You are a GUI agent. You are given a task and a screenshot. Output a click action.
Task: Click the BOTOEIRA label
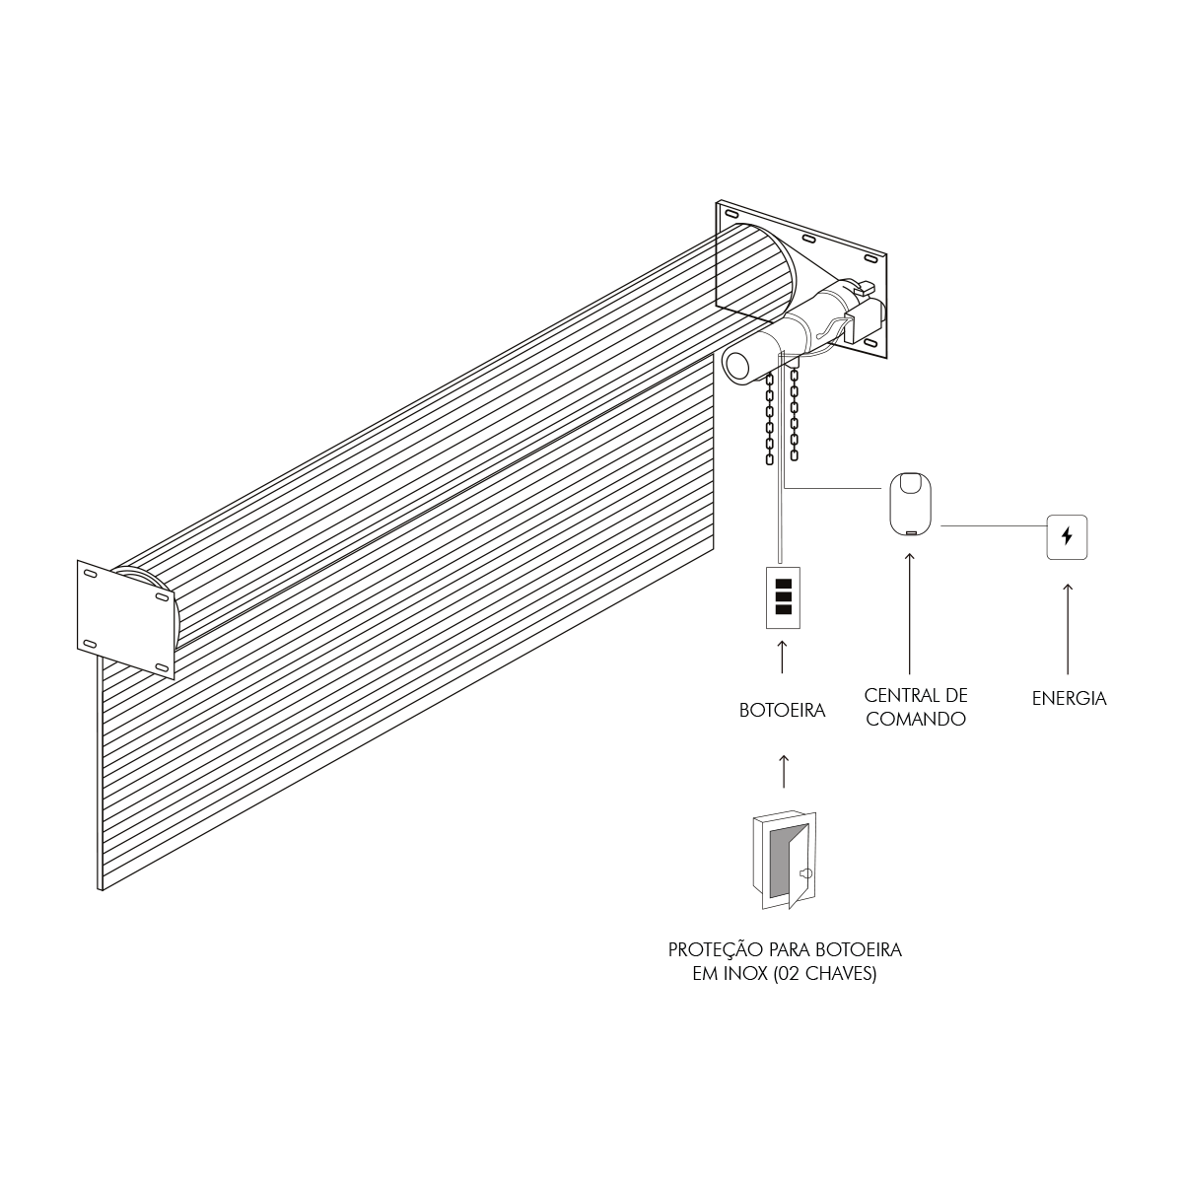tap(782, 711)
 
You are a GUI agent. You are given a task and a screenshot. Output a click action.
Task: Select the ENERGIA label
tap(1069, 699)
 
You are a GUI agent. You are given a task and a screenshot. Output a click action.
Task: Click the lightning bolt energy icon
tap(1067, 536)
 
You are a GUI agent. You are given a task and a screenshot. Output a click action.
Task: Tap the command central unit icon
tap(911, 504)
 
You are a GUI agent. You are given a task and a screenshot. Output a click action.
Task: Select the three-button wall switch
tap(784, 596)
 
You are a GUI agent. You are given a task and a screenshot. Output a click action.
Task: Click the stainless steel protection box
tap(785, 860)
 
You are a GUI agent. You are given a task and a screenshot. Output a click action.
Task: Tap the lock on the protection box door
tap(804, 873)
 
